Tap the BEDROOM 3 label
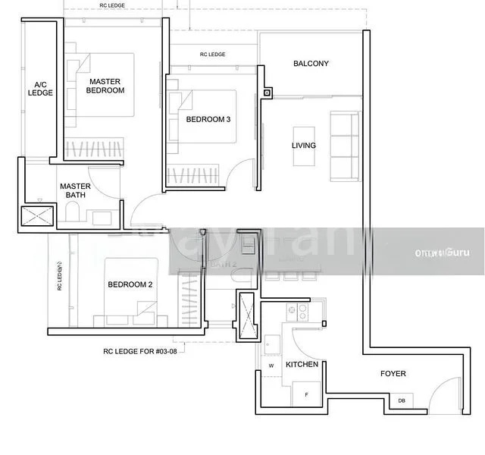coord(208,119)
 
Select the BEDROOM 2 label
coord(130,284)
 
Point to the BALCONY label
coord(311,64)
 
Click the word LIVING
coord(304,146)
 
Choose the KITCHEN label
coord(302,365)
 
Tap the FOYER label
coord(393,373)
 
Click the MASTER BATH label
coord(75,190)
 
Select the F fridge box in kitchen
coord(306,395)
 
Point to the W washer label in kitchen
coord(271,366)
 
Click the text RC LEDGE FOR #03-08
coord(145,351)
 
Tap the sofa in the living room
coord(344,146)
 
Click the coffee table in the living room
coord(304,146)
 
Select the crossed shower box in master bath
coord(37,216)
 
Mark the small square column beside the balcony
coord(268,93)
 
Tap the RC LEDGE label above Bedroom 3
coord(213,55)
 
